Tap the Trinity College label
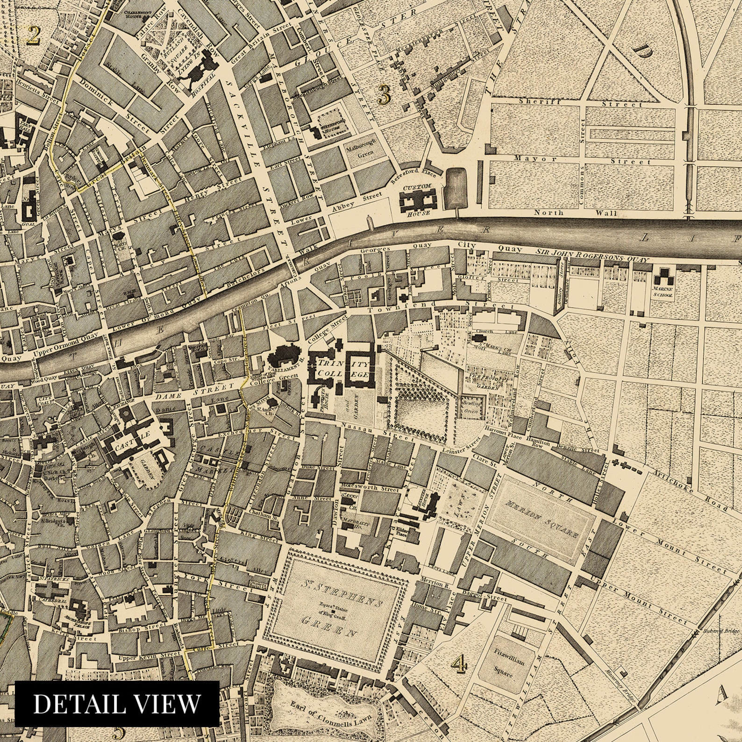coord(343,369)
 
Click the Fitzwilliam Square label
coord(508,663)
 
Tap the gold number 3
coord(384,94)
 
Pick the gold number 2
coord(32,36)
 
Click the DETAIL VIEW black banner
coord(117,703)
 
